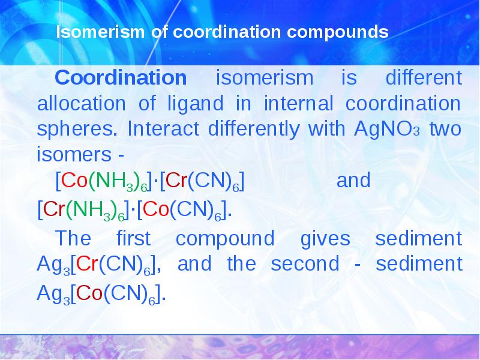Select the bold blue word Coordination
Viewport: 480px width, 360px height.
pos(121,78)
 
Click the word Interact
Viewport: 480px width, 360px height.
pos(155,130)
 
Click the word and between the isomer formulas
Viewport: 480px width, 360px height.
pos(354,181)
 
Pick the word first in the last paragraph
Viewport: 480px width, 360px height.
pos(133,239)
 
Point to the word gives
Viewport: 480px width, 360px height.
pos(326,239)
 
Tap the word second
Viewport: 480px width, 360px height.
pos(305,265)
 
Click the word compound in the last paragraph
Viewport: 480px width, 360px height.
pos(224,239)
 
